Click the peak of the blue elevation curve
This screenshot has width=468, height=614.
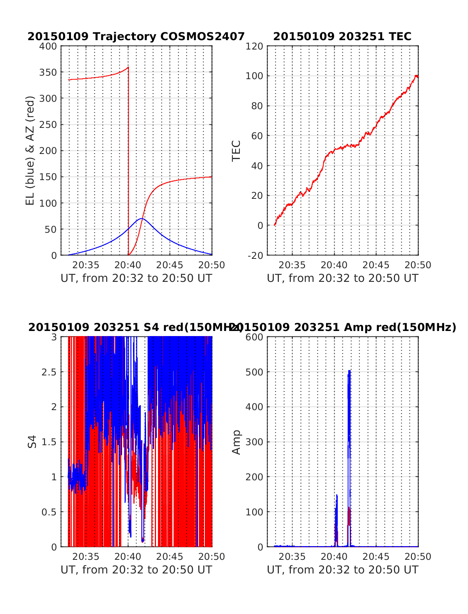click(x=142, y=219)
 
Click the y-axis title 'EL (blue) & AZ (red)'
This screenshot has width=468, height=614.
click(x=30, y=150)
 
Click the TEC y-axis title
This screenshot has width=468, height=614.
click(x=236, y=150)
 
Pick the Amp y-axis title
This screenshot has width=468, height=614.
click(x=236, y=442)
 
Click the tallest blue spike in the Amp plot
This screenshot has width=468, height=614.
click(x=349, y=372)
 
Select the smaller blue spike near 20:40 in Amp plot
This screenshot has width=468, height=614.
click(x=336, y=497)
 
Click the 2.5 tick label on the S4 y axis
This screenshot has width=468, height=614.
click(x=49, y=372)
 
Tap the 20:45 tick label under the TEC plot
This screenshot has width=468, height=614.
click(x=376, y=265)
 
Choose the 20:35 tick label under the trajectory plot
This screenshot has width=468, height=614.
click(x=86, y=265)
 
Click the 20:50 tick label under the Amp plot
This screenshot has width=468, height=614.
click(x=418, y=557)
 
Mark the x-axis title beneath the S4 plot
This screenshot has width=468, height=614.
click(x=136, y=570)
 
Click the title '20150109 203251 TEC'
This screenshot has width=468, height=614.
click(x=342, y=36)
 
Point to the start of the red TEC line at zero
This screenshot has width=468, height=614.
click(x=275, y=225)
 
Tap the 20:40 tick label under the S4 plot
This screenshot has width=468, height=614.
click(x=128, y=557)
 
